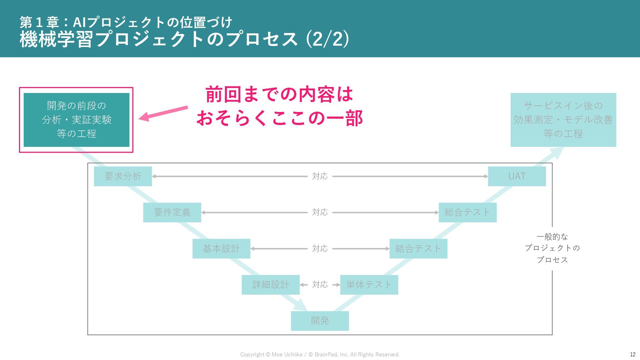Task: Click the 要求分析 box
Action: point(123,176)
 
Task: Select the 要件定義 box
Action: point(172,212)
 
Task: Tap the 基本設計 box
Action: point(221,249)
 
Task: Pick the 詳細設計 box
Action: point(270,285)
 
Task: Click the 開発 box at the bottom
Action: point(320,321)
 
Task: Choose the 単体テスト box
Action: point(369,285)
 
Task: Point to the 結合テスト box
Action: point(418,249)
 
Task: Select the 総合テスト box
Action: point(467,212)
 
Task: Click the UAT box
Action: point(517,176)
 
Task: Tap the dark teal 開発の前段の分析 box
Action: point(76,120)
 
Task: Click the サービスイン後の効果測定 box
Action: point(563,120)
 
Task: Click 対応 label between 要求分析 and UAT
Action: point(320,176)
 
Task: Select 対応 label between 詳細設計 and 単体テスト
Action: point(320,285)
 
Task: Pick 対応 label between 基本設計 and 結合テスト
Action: point(320,249)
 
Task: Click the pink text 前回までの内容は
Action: point(279,95)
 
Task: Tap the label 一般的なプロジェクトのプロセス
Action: point(552,248)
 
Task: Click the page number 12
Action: point(632,354)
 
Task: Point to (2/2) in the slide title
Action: point(327,39)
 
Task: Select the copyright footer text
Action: point(320,354)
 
